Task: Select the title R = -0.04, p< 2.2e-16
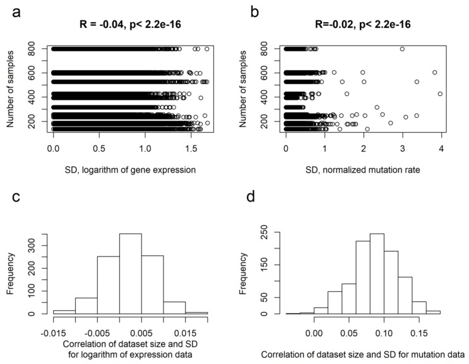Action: (132, 26)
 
